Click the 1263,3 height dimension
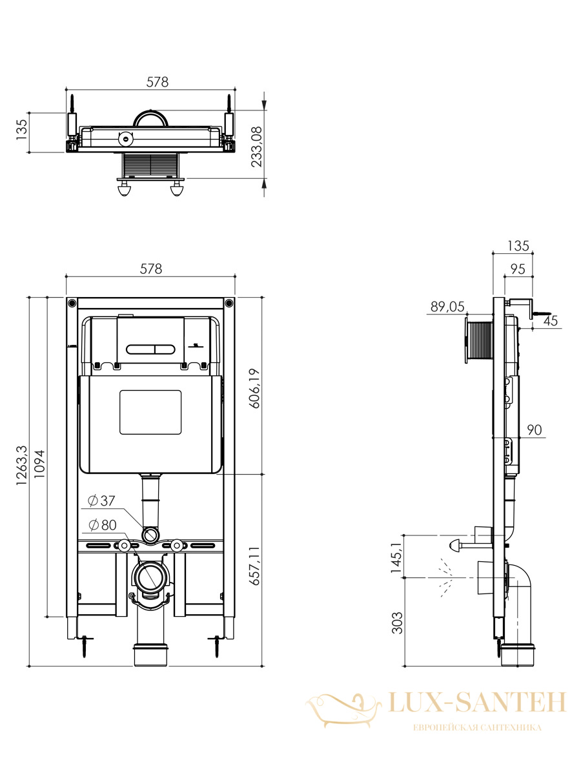[x=21, y=466]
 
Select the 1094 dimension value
[x=39, y=464]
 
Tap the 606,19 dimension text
[x=255, y=388]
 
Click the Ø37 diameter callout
[x=101, y=501]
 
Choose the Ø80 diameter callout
[x=103, y=525]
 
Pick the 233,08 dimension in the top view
[x=257, y=147]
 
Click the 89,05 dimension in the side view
[x=447, y=307]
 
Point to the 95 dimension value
[x=518, y=269]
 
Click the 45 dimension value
[x=551, y=320]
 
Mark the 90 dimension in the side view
[x=535, y=429]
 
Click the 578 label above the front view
[x=151, y=269]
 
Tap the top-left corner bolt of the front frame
[x=72, y=303]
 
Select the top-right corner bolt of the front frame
[x=229, y=303]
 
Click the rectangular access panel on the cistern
[x=150, y=412]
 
